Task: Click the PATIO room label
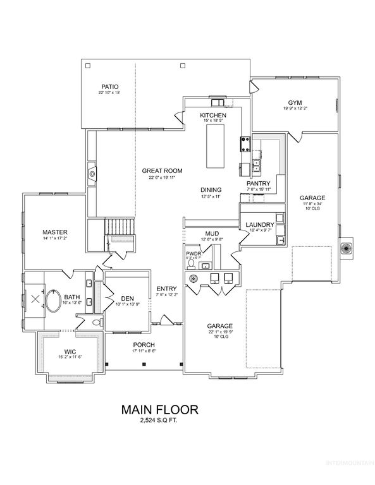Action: click(x=109, y=87)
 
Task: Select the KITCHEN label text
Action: click(x=213, y=116)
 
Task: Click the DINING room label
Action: click(x=211, y=189)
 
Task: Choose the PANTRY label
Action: click(x=258, y=183)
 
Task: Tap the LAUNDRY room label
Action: click(x=259, y=225)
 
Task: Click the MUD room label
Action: click(x=212, y=233)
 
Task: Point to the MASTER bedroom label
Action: click(x=55, y=231)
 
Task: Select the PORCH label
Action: click(x=144, y=344)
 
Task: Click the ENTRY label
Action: click(x=166, y=289)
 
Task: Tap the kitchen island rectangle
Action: click(x=216, y=146)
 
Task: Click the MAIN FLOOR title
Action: click(x=159, y=410)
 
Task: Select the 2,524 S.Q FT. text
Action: click(x=159, y=421)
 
